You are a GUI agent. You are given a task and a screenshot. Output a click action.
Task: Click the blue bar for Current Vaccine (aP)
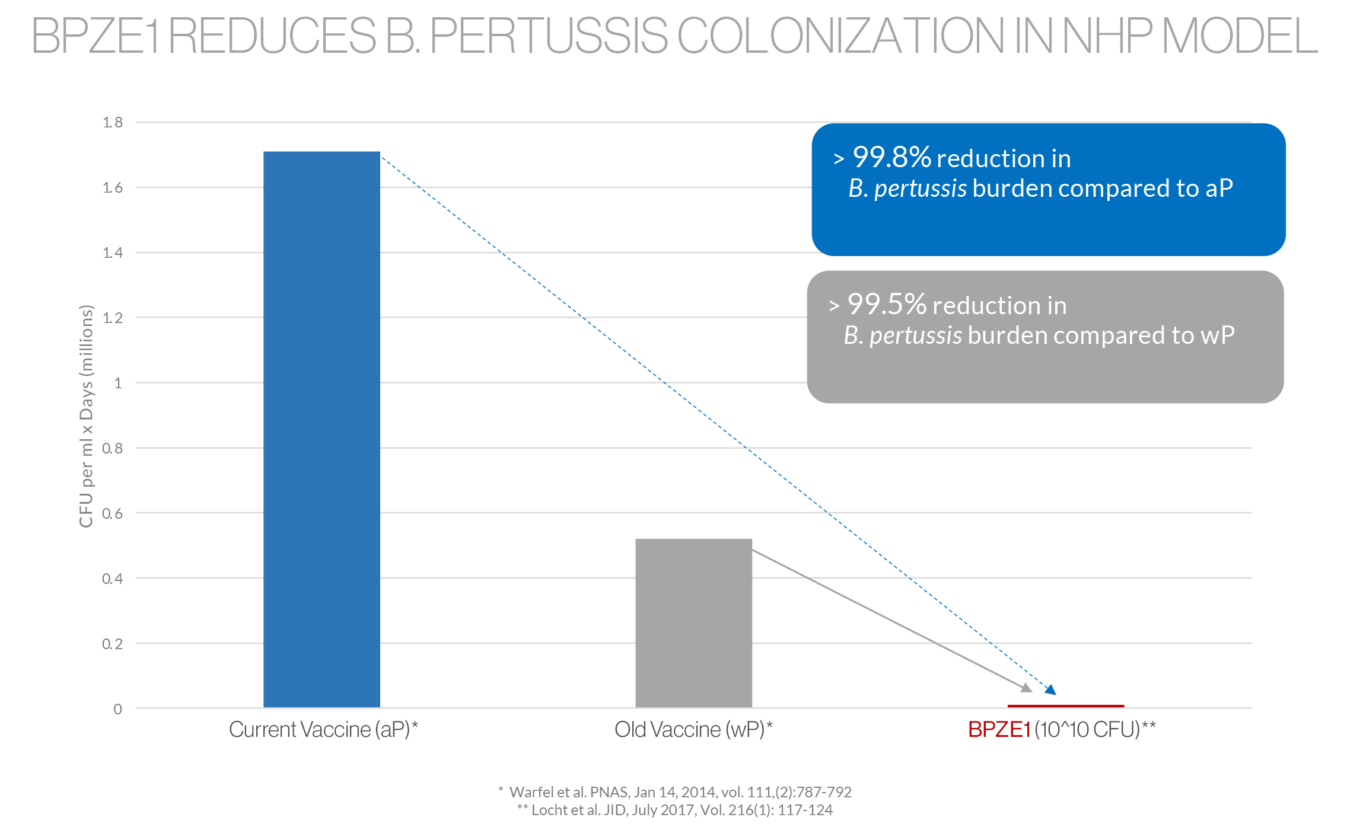321,429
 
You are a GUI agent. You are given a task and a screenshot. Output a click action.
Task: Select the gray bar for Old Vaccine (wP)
693,622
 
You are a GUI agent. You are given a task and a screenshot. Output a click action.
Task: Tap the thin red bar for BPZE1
1065,706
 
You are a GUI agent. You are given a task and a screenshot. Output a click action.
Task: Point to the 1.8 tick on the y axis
113,123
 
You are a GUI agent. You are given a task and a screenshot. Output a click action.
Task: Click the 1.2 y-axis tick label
113,318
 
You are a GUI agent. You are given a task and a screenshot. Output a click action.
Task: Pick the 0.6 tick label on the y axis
113,513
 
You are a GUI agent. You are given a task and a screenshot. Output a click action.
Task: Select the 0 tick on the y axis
118,709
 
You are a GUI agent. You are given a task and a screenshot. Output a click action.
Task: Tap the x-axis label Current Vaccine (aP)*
323,729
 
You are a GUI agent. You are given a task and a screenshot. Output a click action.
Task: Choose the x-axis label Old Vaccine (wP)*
693,729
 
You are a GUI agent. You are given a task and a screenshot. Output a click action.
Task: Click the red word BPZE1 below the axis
999,729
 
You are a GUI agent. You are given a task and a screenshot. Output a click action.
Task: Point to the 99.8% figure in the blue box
891,158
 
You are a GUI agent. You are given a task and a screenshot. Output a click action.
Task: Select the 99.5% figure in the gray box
887,305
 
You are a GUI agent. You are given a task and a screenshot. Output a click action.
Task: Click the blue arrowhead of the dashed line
1050,689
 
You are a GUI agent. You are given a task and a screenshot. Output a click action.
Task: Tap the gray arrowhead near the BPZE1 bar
1026,687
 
